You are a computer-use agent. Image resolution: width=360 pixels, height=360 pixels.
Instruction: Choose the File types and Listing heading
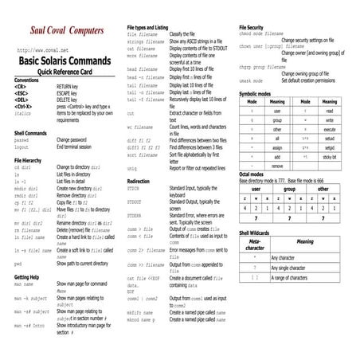(156, 28)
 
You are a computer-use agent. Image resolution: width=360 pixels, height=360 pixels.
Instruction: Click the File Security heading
(257, 28)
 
